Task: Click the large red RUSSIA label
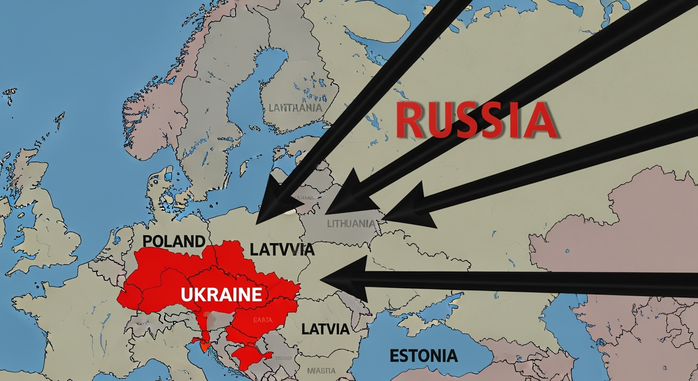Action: (477, 121)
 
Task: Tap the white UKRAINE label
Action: (221, 295)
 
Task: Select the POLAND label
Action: (174, 241)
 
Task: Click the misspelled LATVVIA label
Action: (282, 249)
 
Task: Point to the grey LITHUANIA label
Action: (351, 224)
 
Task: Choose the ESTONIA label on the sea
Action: (423, 356)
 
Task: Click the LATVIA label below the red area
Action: (325, 328)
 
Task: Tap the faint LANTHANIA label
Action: (295, 107)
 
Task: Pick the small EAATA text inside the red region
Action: (263, 320)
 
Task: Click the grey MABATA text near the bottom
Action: (321, 370)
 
